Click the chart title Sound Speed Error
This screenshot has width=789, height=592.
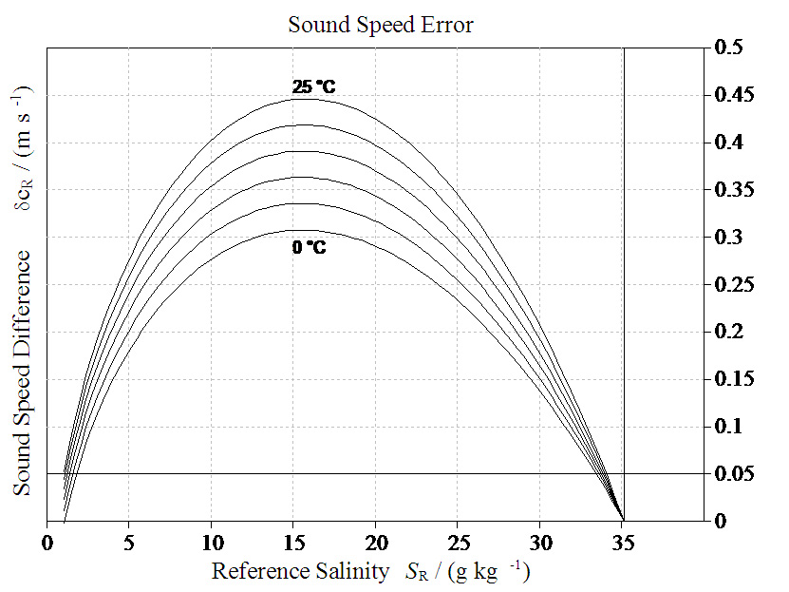[380, 25]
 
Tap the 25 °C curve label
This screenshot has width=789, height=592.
[313, 87]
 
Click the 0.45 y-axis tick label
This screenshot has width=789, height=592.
[732, 95]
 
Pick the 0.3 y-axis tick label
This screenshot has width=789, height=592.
[728, 238]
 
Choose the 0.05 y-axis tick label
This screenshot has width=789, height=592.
[732, 473]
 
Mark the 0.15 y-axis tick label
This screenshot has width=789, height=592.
[732, 379]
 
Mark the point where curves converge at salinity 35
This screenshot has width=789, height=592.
[623, 520]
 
